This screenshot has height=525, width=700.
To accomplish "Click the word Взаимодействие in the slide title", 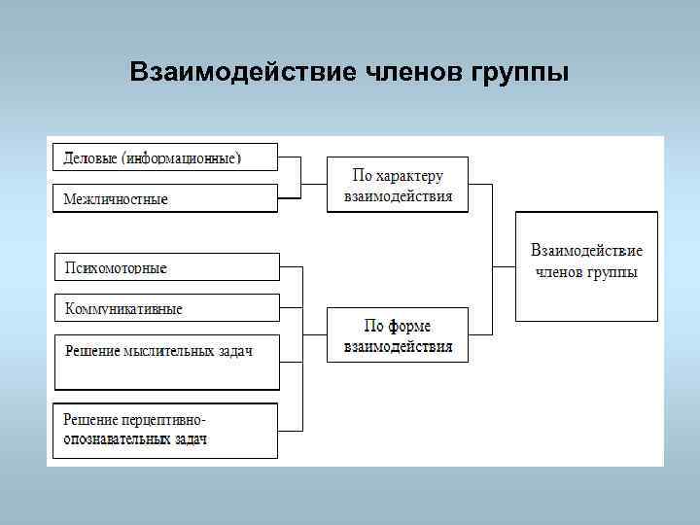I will click(x=243, y=74).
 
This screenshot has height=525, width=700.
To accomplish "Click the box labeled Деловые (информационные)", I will click(x=163, y=157).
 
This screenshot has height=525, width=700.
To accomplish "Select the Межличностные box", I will click(x=163, y=198).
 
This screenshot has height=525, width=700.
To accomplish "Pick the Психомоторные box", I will click(x=165, y=267).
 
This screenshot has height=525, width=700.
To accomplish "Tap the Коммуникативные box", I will click(x=165, y=308).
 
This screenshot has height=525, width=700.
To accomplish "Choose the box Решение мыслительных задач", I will click(x=165, y=350).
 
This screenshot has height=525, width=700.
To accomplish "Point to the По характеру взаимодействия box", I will click(x=397, y=185).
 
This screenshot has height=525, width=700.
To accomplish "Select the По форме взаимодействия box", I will click(x=397, y=335).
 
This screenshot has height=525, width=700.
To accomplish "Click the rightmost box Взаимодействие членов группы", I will click(x=586, y=264).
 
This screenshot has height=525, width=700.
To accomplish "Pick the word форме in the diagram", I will click(x=410, y=326).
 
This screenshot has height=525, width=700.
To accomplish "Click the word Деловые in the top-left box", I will click(x=90, y=157).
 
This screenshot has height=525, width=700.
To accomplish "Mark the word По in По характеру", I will click(x=362, y=176).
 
